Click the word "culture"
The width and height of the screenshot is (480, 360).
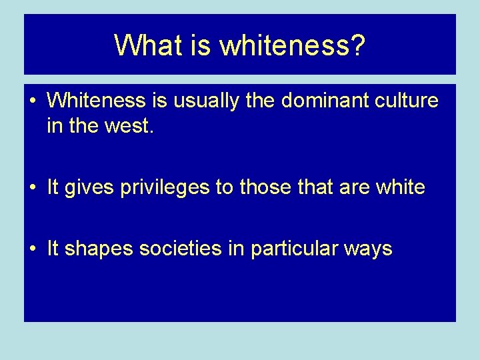(407, 101)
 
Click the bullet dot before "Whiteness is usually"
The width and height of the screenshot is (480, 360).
(33, 101)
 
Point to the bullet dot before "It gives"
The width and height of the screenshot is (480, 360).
(33, 188)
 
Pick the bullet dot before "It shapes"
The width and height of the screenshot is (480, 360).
(33, 249)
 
